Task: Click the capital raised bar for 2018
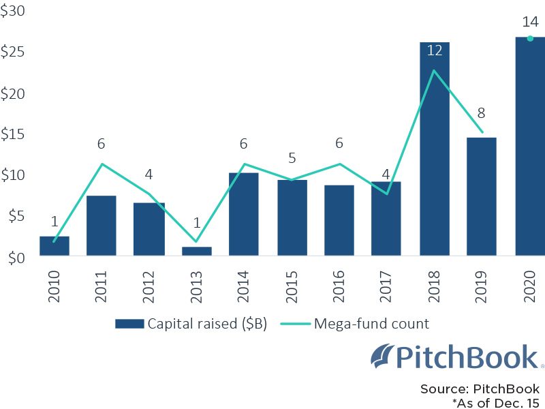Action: (x=435, y=149)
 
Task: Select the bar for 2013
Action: (x=197, y=251)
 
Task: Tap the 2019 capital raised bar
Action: (x=482, y=196)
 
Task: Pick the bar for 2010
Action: (x=54, y=246)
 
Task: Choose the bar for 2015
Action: (x=292, y=217)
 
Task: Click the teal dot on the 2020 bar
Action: (x=530, y=38)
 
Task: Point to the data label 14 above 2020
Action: (x=531, y=22)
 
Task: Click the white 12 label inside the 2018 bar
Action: (x=435, y=50)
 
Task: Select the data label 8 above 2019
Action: (x=481, y=112)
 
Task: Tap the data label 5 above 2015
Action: (x=292, y=158)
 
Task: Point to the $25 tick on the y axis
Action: (x=12, y=52)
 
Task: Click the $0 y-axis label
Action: (x=16, y=258)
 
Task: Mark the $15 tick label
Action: (x=12, y=134)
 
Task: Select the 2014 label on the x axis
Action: (x=243, y=286)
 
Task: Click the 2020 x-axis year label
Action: (x=530, y=286)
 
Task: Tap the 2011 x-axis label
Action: (x=101, y=286)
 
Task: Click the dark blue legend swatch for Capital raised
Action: (x=129, y=324)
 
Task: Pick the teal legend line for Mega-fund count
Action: (x=296, y=324)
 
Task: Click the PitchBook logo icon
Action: (x=382, y=356)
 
